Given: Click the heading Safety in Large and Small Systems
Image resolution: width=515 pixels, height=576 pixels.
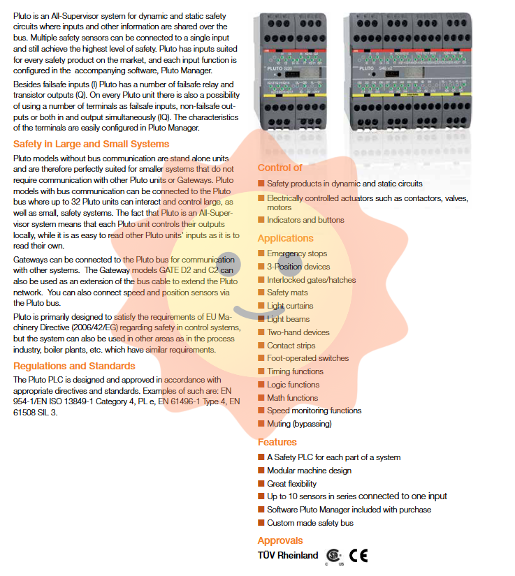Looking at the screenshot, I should pos(91,145).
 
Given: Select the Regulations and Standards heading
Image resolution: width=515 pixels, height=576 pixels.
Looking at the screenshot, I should pos(74,366).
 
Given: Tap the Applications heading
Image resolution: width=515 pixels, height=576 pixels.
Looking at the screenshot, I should pos(285,238).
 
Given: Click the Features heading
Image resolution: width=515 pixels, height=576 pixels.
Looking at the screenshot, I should pos(277,442).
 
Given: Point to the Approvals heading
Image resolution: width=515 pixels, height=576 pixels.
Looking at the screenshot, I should pos(280,540).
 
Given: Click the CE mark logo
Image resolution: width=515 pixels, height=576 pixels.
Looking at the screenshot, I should pos(358,556).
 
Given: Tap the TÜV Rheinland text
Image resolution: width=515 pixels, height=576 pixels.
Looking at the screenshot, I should pos(288,556).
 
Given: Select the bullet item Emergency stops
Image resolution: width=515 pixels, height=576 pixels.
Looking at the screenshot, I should pos(296,253).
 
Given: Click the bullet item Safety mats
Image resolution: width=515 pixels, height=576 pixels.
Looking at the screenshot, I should pos(287,293).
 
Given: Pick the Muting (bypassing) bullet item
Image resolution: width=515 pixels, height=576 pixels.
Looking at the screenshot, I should pos(299,424).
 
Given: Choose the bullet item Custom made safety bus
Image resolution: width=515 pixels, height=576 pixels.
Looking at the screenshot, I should pos(310,523).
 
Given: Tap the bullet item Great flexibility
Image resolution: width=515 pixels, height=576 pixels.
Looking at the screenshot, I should pos(291,483).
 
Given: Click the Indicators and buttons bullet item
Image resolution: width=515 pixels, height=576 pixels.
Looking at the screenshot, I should pos(305,220).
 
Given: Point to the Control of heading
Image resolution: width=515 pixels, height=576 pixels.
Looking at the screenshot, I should pos(280,168).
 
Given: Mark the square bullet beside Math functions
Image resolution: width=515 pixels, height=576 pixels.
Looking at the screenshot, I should pos(261,398).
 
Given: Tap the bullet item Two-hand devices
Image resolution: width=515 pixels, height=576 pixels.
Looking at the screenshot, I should pos(298,332).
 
